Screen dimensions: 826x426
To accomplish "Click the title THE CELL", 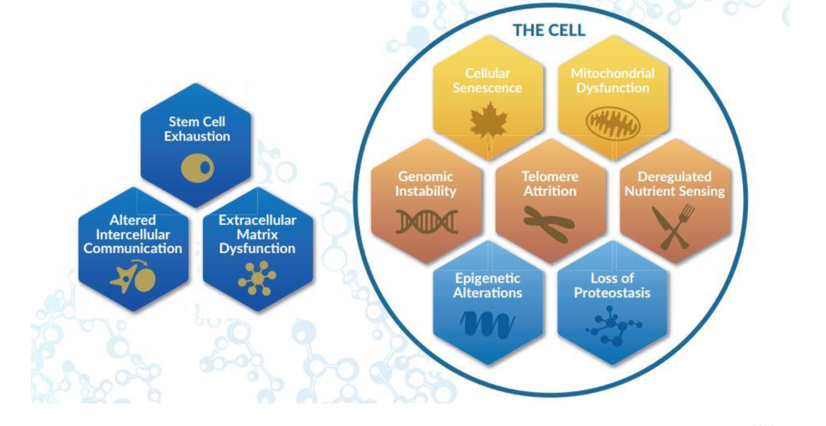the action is click(549, 30).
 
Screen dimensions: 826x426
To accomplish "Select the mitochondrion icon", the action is click(613, 123).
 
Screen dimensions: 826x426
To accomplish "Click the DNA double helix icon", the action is click(427, 221).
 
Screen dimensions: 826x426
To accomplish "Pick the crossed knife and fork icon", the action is click(673, 226).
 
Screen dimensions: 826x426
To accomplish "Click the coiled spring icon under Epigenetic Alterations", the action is click(487, 324).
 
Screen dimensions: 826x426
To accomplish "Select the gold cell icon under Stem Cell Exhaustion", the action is click(198, 168).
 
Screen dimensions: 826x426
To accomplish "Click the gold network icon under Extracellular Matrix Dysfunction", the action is click(257, 278).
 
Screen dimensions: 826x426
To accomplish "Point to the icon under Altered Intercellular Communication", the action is click(133, 276).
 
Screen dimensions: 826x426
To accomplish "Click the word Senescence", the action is click(487, 88).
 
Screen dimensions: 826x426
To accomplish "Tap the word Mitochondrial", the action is click(612, 73).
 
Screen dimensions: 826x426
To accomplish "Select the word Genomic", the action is click(426, 177).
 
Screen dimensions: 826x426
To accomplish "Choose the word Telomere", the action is click(550, 177).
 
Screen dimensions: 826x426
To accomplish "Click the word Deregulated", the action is click(675, 177).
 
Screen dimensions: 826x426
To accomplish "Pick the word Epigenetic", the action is click(487, 278).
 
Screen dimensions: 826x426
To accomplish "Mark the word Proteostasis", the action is click(612, 293).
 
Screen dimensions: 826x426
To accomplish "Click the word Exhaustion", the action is click(197, 136).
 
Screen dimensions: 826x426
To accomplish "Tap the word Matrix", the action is click(257, 234).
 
